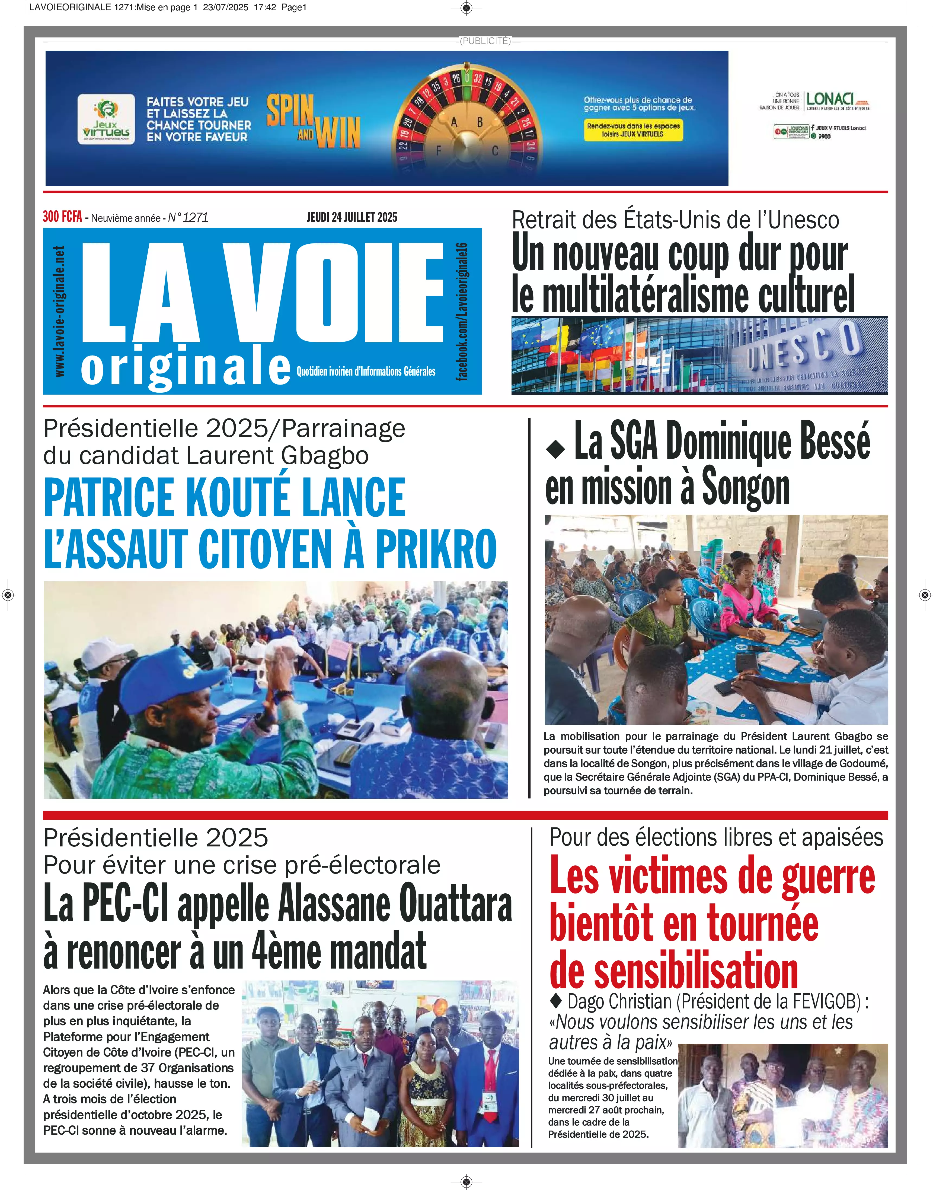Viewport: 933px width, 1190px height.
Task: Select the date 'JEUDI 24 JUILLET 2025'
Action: tap(352, 217)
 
